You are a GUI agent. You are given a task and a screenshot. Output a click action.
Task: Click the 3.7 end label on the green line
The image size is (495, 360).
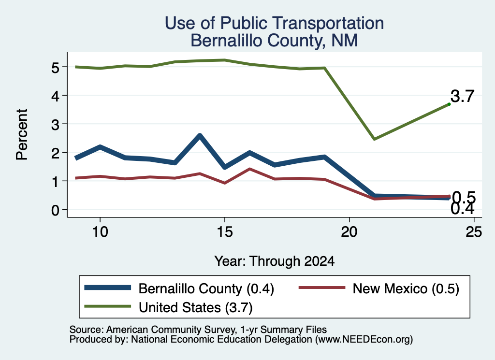[x=463, y=96]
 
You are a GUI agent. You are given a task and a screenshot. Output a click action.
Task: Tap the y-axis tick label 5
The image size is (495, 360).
[x=55, y=68]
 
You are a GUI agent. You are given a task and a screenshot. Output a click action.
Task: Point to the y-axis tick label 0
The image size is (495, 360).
[x=55, y=210]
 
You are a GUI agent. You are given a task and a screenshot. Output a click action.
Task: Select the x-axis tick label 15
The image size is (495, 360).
[x=225, y=232]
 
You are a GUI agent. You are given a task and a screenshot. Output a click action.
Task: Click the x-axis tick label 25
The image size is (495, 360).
[x=474, y=232]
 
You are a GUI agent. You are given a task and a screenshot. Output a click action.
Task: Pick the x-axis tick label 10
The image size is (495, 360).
[x=100, y=232]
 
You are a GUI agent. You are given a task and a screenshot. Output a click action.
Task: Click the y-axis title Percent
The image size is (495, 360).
[x=22, y=135]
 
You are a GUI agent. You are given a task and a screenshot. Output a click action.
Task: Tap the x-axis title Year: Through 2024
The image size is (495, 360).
[x=275, y=261]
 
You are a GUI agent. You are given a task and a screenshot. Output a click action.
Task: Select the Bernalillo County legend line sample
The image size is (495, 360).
[x=108, y=288]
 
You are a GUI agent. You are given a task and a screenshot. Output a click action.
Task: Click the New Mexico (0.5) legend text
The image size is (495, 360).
[x=406, y=288]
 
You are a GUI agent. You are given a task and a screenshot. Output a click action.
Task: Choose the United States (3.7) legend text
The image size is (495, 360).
[x=196, y=308]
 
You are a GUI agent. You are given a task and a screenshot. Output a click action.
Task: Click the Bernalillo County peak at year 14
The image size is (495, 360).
[x=200, y=135]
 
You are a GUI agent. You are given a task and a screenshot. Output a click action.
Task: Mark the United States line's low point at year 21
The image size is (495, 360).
[x=374, y=139]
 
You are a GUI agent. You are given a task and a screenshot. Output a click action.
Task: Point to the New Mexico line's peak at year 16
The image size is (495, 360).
[x=250, y=169]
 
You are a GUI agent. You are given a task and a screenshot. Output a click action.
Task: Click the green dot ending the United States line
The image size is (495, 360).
[x=449, y=104]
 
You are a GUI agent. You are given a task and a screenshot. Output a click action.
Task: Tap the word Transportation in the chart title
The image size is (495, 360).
[x=329, y=23]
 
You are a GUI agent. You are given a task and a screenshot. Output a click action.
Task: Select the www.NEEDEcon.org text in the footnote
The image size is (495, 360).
[x=363, y=340]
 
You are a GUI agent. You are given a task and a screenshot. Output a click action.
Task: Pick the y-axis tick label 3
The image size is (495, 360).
[x=55, y=125]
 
